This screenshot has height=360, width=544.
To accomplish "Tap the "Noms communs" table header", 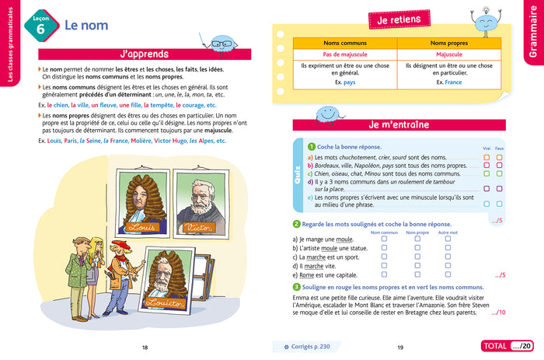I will (x=343, y=44).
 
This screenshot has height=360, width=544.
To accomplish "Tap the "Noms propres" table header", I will (x=449, y=44).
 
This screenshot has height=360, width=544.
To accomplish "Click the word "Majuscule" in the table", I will (x=449, y=55).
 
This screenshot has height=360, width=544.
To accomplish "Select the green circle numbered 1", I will (x=312, y=147).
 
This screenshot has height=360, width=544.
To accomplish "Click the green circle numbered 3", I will (x=286, y=287).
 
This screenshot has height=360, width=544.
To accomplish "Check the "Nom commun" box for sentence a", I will (x=384, y=239).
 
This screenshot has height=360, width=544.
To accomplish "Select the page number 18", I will (x=145, y=347).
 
